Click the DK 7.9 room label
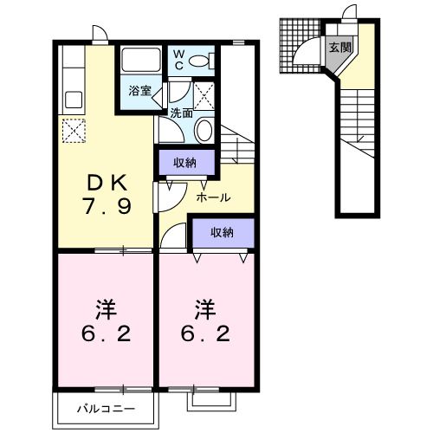[108, 195]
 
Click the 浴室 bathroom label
[141, 89]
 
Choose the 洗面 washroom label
[180, 113]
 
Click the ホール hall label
[213, 197]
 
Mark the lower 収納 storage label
[223, 231]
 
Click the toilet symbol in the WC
[201, 61]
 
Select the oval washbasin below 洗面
[204, 131]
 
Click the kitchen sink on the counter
[71, 98]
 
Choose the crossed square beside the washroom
[204, 92]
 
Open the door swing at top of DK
[100, 35]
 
